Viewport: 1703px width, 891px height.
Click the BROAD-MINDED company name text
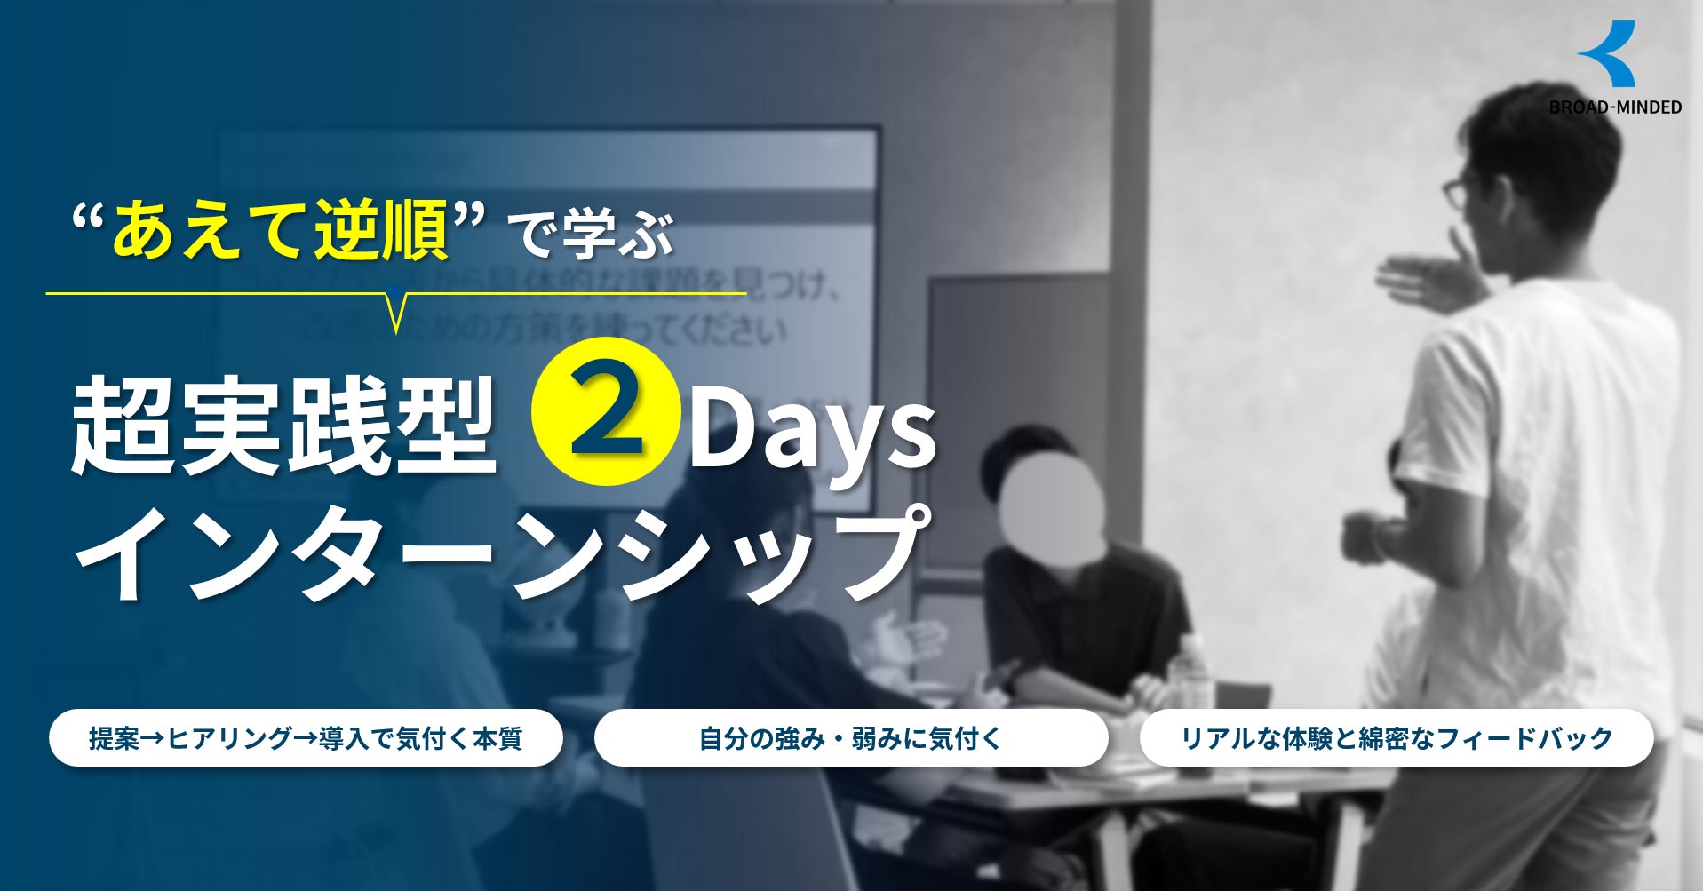(1615, 107)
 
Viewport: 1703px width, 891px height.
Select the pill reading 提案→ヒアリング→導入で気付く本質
(306, 737)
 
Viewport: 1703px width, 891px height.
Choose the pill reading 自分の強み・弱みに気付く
(850, 737)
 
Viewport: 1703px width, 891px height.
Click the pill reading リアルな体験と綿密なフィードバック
(1396, 737)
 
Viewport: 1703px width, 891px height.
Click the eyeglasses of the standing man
(1458, 191)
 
